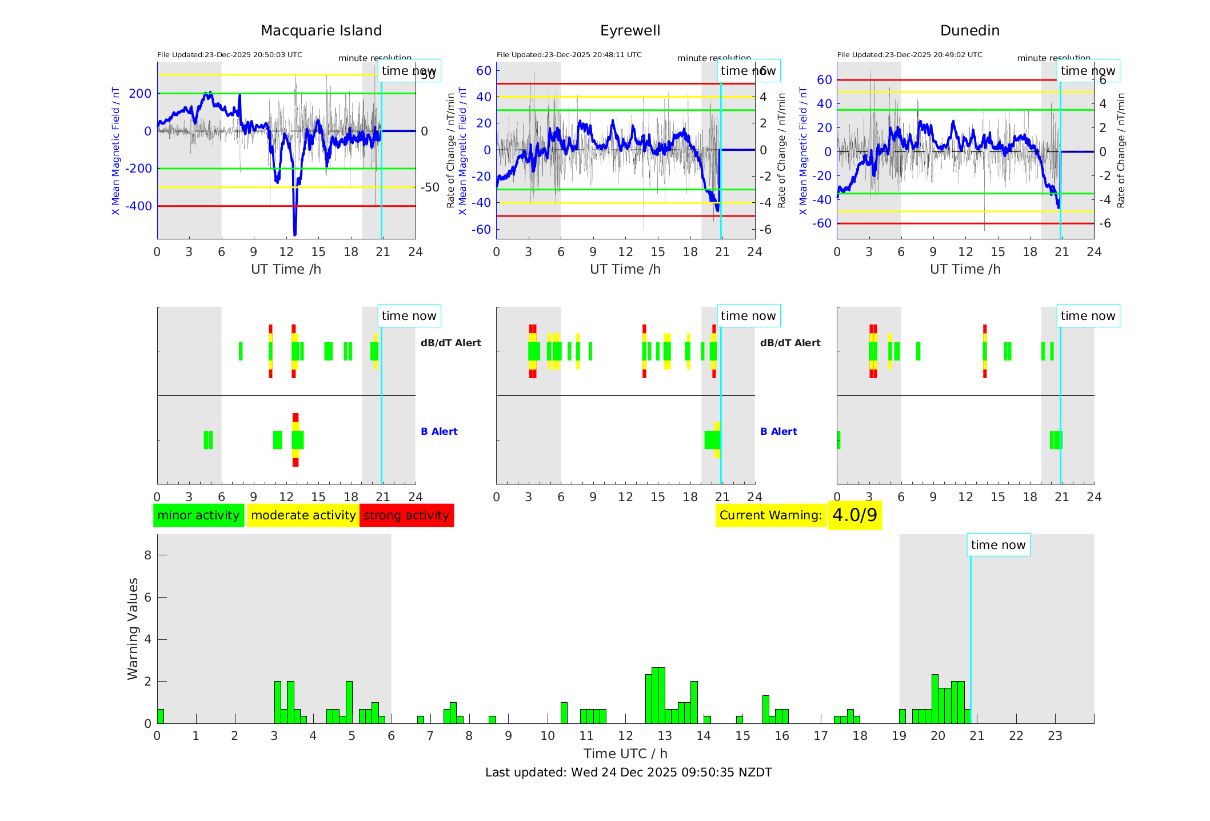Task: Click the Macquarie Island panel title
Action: pos(321,31)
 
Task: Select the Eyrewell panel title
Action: pos(630,31)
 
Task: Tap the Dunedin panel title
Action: pos(969,31)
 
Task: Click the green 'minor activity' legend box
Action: pos(198,515)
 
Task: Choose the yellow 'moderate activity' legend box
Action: pos(303,515)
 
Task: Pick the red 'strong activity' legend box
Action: pos(406,515)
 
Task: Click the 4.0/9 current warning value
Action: pos(854,515)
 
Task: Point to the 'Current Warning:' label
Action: pos(770,515)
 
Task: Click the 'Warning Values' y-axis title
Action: pos(133,628)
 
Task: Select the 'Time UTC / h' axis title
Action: pos(625,754)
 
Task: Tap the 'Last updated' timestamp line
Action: pos(628,772)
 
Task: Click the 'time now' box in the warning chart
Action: pos(998,545)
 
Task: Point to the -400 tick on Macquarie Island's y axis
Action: pos(139,206)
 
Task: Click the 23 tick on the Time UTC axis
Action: pos(1055,736)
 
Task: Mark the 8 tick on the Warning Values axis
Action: pos(147,555)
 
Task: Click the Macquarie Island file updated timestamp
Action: pos(229,55)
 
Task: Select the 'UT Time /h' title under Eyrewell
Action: pos(625,269)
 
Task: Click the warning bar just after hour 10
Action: pos(564,713)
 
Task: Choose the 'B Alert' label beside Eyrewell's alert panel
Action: pos(778,431)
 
